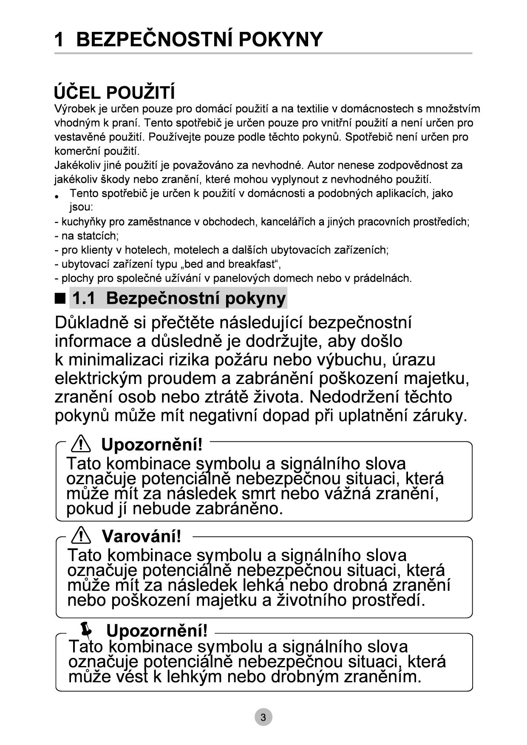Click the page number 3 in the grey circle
[x=263, y=717]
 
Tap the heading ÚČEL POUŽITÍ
[x=114, y=93]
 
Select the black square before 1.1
[x=60, y=298]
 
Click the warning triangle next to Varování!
[x=81, y=536]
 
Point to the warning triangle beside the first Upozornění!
[x=81, y=444]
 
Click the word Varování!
[x=142, y=536]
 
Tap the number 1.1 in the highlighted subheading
[x=84, y=298]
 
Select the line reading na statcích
[x=87, y=236]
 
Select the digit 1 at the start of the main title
[x=59, y=40]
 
